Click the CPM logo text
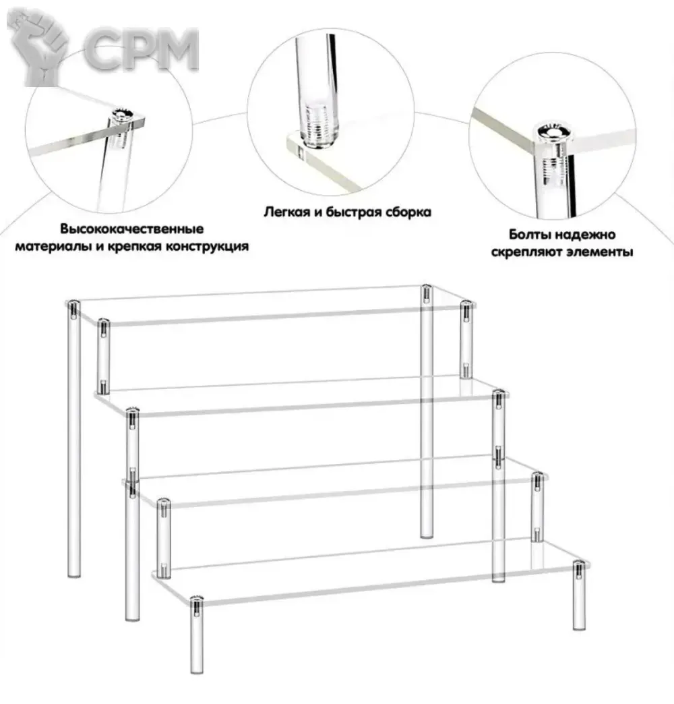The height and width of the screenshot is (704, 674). (x=142, y=49)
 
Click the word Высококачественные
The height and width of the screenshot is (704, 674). (x=132, y=229)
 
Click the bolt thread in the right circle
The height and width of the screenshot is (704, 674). (x=553, y=169)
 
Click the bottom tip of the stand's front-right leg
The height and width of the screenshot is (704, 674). (x=580, y=628)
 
